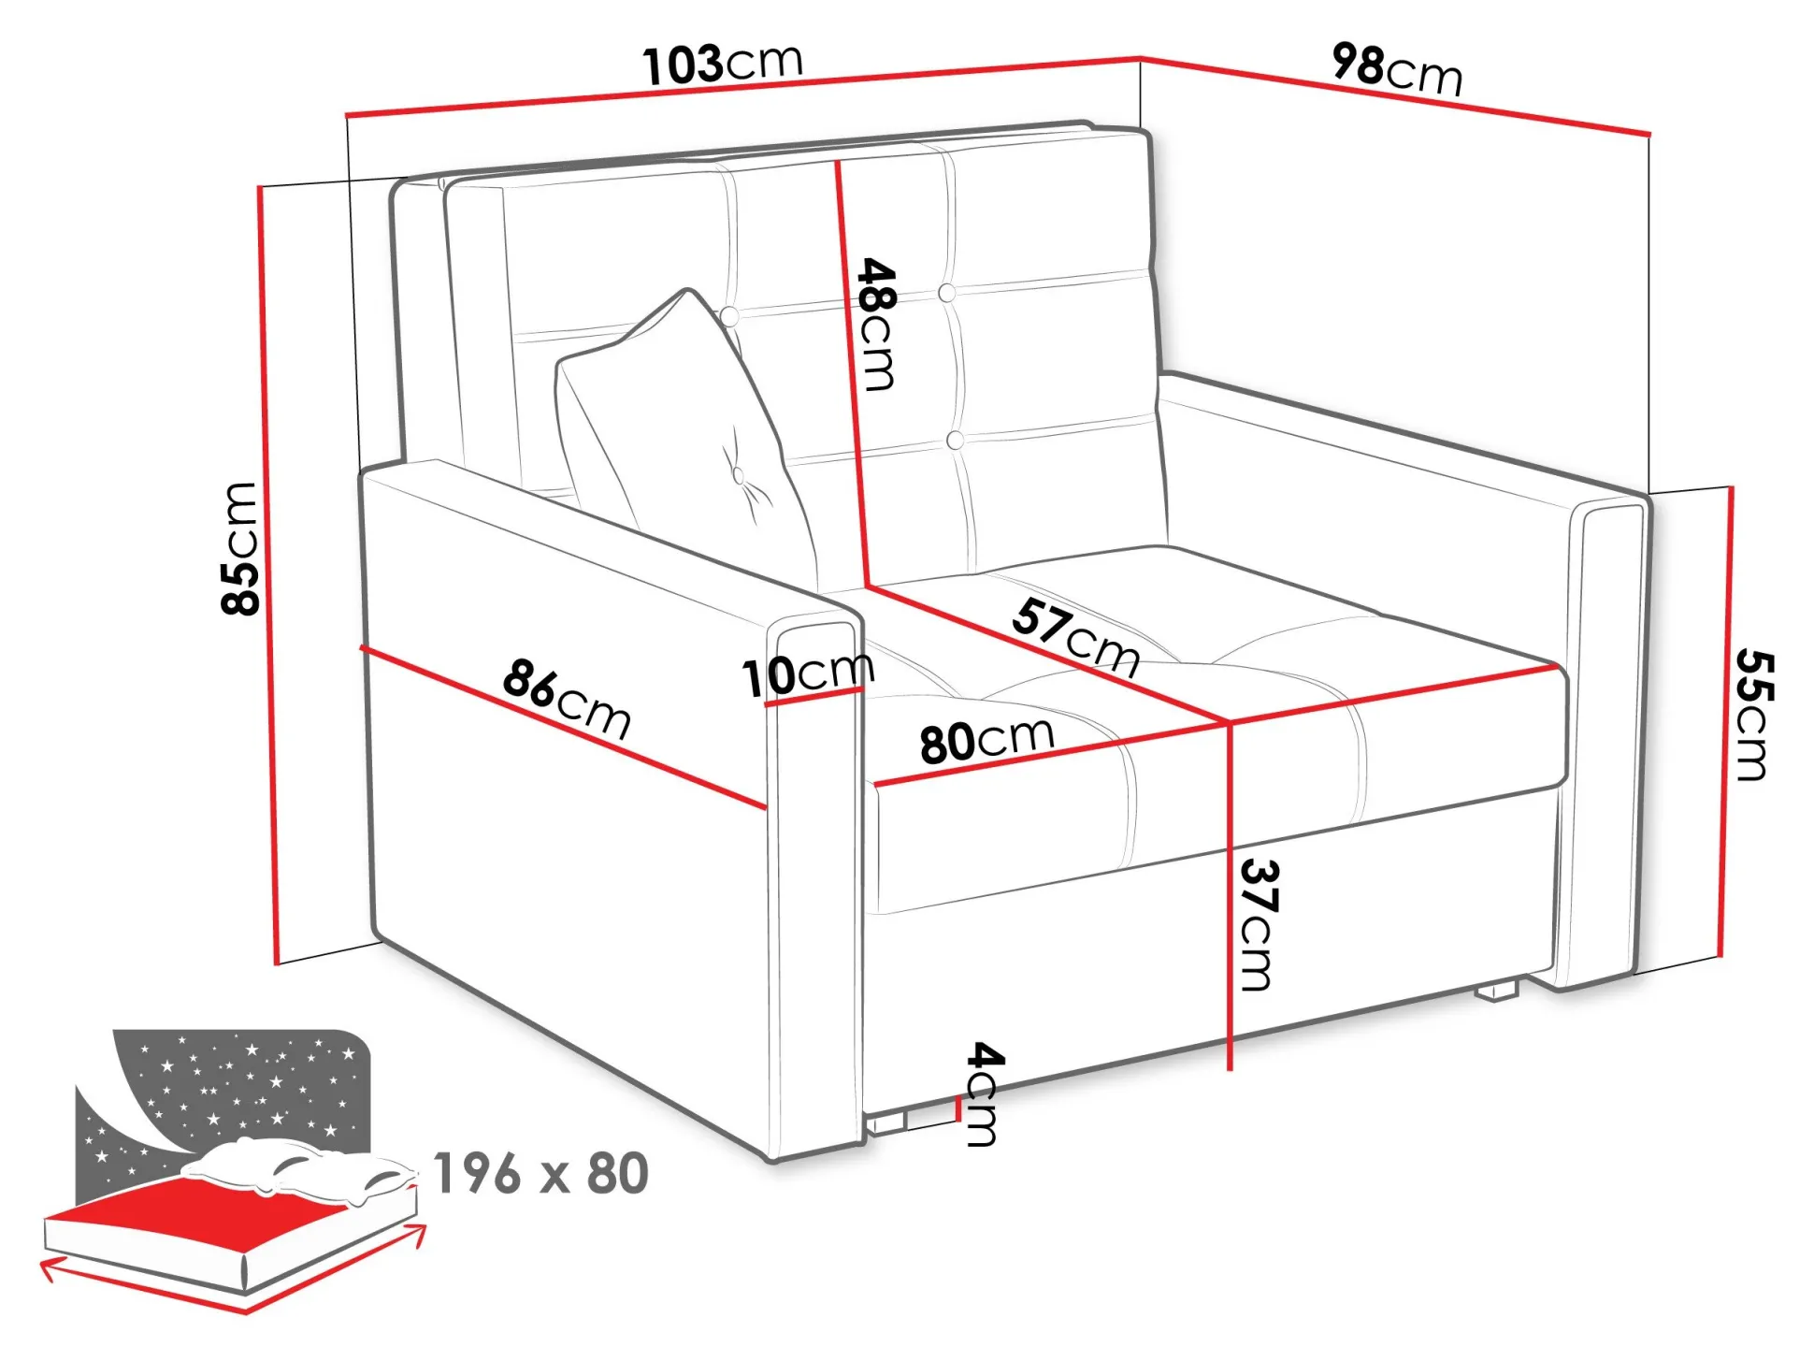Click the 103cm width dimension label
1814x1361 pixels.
coord(722,64)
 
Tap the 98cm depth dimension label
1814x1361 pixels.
coord(1397,68)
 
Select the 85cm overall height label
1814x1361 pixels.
coord(239,548)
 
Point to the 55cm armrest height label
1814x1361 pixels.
coord(1754,715)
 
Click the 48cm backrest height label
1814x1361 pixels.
coord(877,324)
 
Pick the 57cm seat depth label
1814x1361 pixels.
coord(1076,636)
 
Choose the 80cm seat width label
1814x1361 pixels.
coord(987,739)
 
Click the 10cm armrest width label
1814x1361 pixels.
coord(808,673)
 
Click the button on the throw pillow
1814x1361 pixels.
coord(738,475)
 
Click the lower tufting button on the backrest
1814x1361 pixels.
coord(955,440)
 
